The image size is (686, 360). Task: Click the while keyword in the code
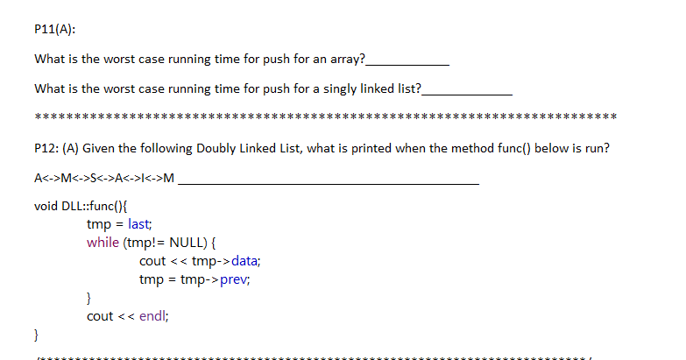(103, 243)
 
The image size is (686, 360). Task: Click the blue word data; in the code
(242, 261)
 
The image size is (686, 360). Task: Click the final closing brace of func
(36, 335)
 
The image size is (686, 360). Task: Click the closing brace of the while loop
(89, 298)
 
